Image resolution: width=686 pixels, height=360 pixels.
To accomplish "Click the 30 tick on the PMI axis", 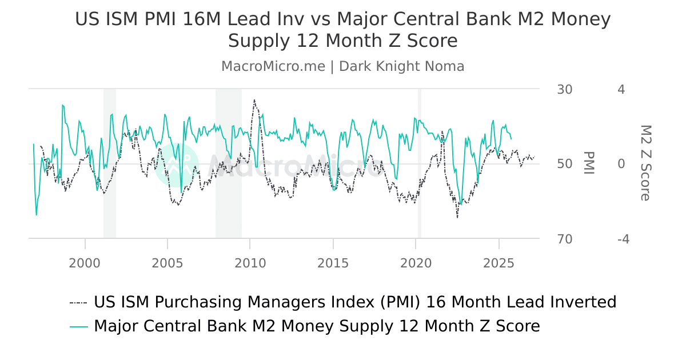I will point(564,90).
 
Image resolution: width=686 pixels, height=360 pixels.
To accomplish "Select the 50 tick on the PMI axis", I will point(564,164).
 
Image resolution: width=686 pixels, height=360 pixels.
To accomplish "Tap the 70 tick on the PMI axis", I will point(564,239).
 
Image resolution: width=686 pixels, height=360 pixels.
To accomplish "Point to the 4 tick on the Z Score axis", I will point(621,90).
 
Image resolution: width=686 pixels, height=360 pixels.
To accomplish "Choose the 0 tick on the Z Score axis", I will point(621,164).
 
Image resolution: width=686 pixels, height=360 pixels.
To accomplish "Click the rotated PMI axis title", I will point(589,163).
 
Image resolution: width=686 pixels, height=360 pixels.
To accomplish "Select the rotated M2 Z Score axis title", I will point(645,163).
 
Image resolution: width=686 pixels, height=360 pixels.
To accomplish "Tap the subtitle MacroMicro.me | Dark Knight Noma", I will point(343,66).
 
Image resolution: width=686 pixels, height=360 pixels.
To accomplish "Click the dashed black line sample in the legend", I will point(78,302).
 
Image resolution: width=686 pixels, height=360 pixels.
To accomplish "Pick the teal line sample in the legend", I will point(78,326).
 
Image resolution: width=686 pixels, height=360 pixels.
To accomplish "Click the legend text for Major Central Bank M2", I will point(317,326).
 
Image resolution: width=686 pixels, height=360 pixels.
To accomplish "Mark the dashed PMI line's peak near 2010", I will point(254,100).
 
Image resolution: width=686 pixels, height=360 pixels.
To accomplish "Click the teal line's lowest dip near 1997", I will point(37,215).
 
